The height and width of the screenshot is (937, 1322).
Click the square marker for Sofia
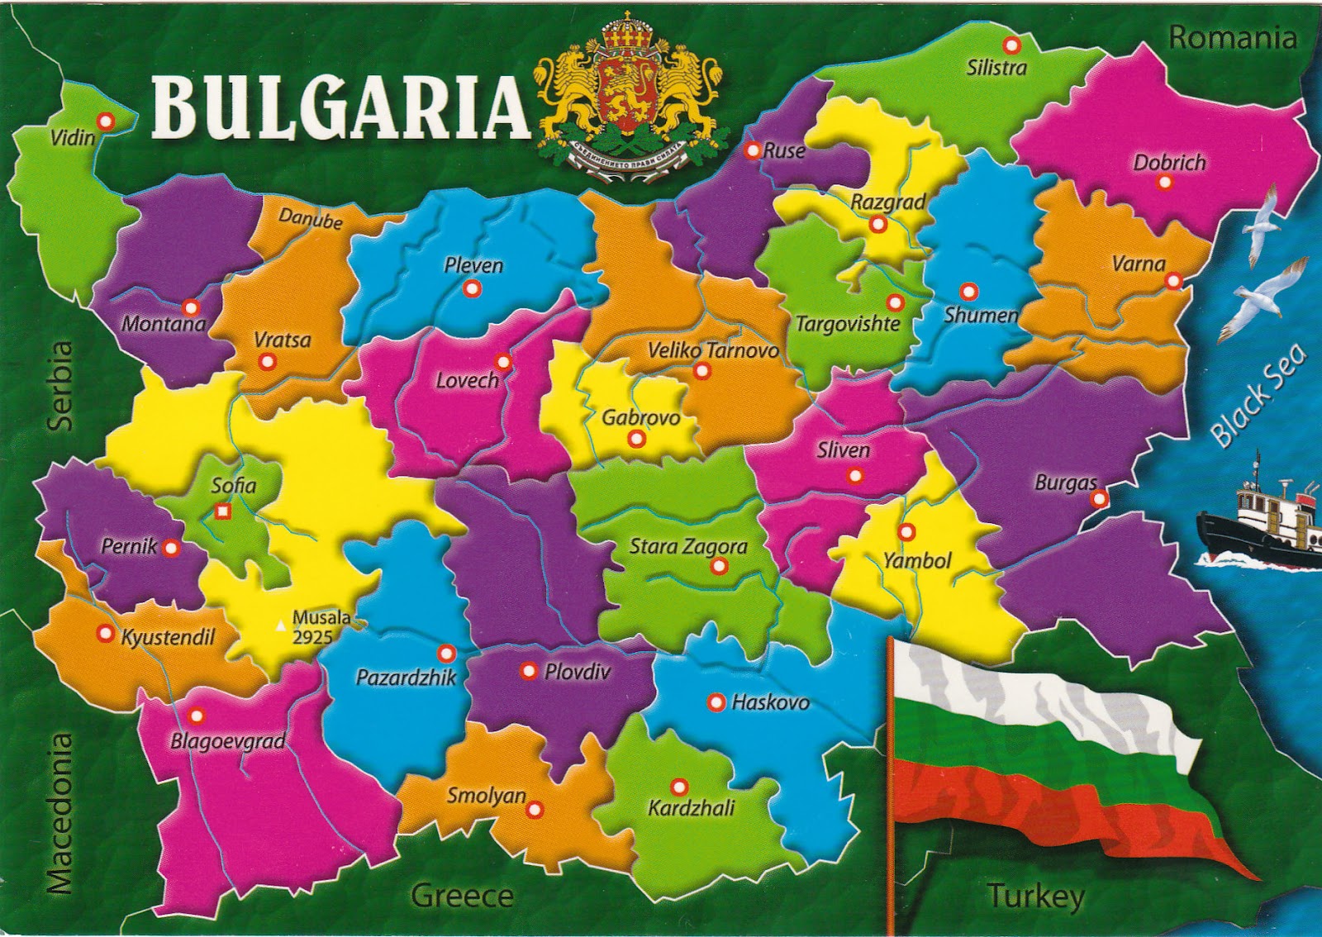(x=221, y=511)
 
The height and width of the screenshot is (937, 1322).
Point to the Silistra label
(x=996, y=68)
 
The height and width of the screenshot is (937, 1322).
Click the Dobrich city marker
(x=1166, y=183)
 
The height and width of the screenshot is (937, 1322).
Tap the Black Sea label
(x=1257, y=396)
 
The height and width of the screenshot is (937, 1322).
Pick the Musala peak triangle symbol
(x=280, y=626)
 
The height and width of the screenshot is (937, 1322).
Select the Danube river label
(x=310, y=218)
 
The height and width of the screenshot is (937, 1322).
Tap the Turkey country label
(x=1034, y=896)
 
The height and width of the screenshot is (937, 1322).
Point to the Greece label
(x=462, y=896)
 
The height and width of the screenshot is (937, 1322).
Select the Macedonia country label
(x=60, y=812)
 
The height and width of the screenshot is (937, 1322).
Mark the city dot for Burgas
(x=1099, y=498)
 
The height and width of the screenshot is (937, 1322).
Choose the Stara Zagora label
(x=687, y=546)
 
